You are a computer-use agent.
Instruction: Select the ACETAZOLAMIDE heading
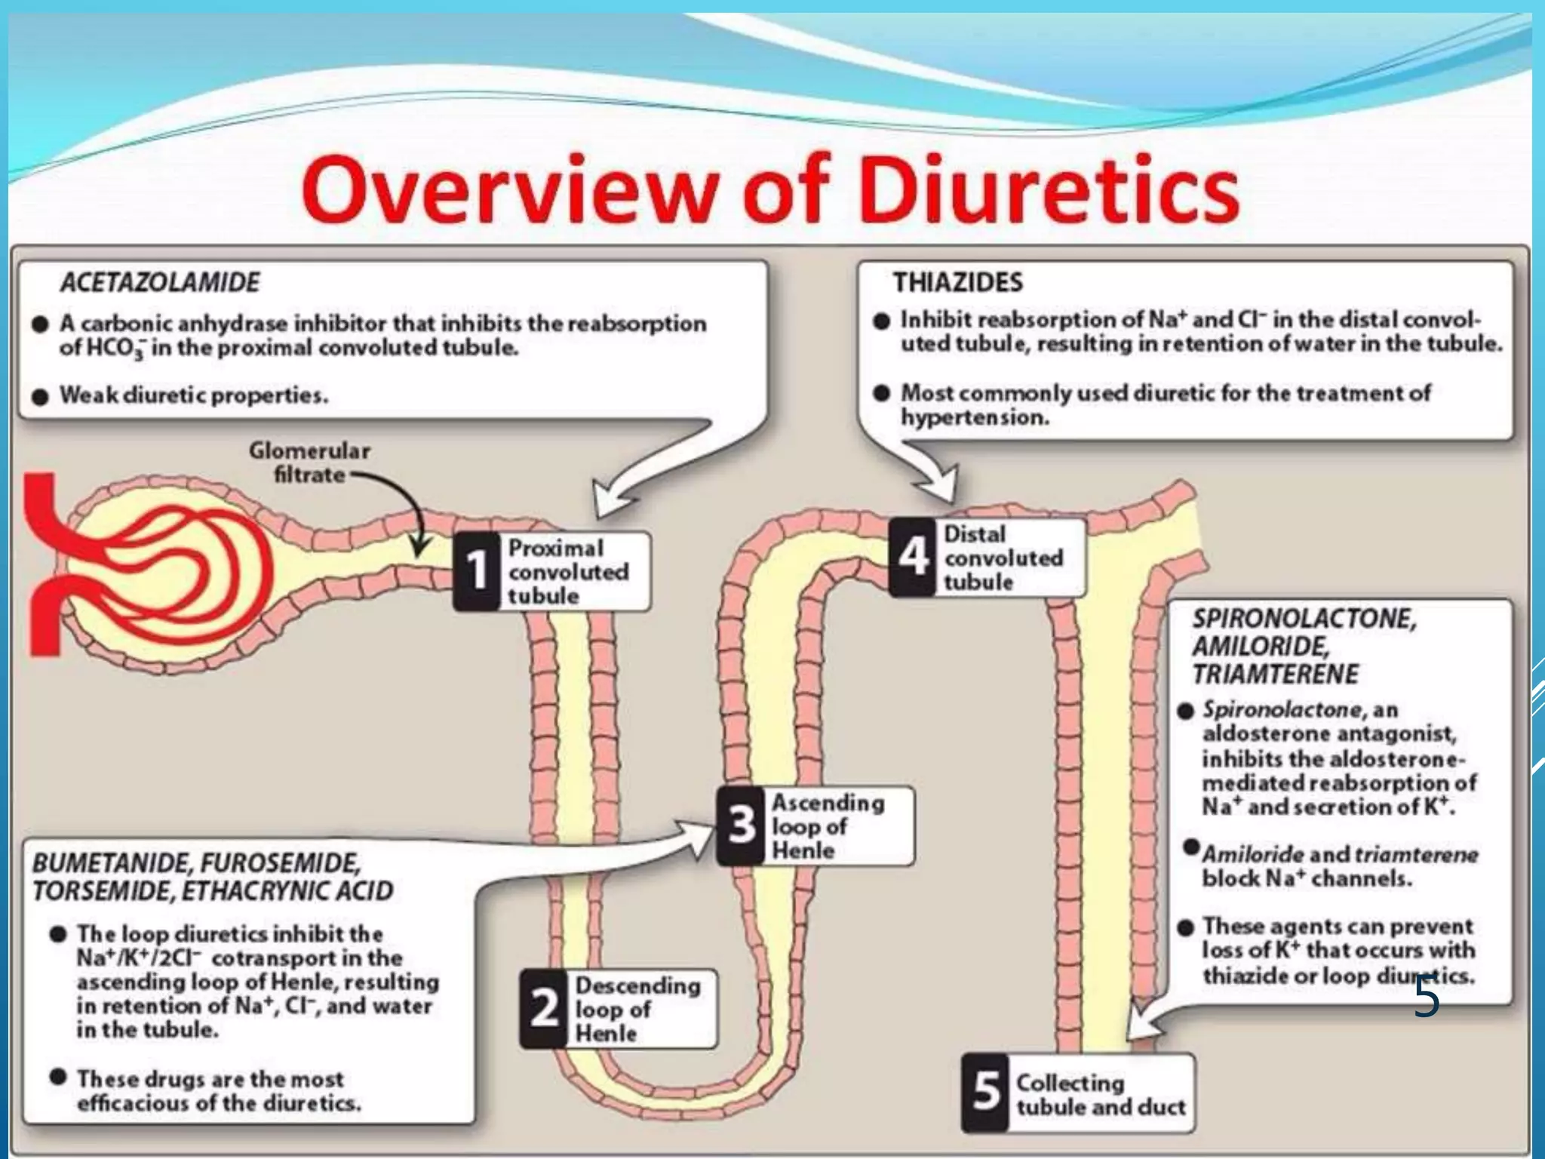pos(160,282)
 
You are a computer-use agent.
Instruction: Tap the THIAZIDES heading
pos(958,282)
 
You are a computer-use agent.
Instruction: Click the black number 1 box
pos(476,571)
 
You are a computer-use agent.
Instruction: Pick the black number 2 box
pos(543,1009)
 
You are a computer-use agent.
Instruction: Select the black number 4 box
pos(912,558)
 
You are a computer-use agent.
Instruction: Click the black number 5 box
pos(985,1092)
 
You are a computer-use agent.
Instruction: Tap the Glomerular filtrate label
pos(309,463)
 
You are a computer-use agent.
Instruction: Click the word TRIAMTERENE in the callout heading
pos(1275,674)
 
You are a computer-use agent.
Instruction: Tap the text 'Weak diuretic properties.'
pos(194,395)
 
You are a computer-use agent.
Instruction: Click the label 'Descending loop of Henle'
pos(637,1009)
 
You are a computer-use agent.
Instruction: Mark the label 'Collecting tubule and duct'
pos(1100,1095)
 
